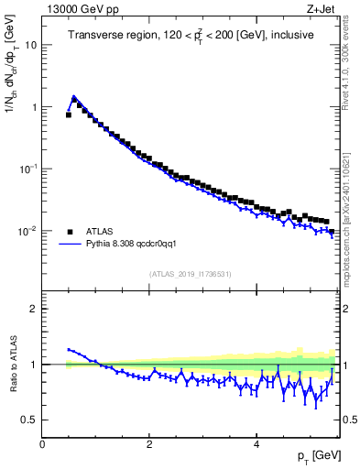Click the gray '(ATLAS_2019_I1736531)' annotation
(190, 274)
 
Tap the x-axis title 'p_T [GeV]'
(314, 455)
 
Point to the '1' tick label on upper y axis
(33, 106)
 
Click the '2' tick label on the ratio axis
(33, 309)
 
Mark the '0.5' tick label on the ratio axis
(28, 420)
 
